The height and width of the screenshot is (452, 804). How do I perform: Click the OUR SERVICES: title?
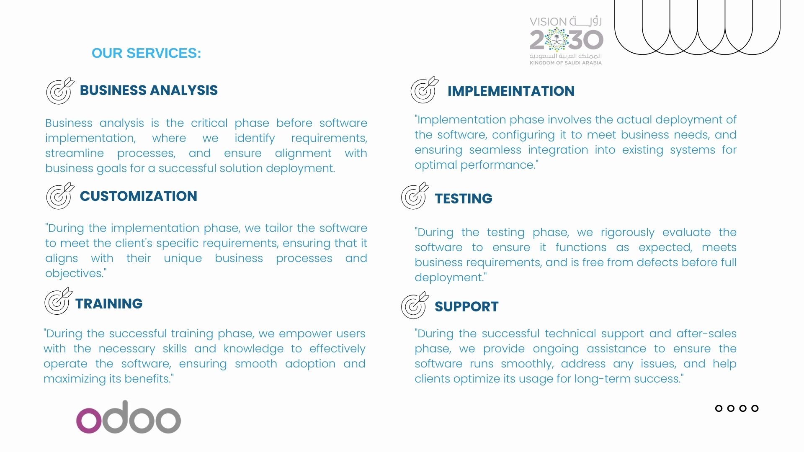coord(146,53)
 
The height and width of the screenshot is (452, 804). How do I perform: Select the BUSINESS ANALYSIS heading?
coord(149,90)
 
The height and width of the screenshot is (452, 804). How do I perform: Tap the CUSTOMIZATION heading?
coord(138,196)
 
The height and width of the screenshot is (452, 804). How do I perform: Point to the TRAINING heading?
coord(109,304)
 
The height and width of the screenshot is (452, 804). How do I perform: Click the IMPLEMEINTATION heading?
coord(511,91)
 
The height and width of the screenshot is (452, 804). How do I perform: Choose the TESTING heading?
coord(464,199)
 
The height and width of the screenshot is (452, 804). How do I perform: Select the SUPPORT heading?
coord(466,307)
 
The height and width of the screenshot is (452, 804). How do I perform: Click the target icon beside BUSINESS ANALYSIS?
coord(60,91)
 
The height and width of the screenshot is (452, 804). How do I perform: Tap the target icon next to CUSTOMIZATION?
coord(60,196)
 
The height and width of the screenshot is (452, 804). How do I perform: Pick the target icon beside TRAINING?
coord(58,301)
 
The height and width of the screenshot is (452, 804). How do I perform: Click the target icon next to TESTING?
coord(415,195)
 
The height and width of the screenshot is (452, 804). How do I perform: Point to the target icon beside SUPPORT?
coord(415,305)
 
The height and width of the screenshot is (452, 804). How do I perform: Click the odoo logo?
coord(129,417)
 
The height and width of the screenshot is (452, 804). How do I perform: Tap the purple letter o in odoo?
coord(89,420)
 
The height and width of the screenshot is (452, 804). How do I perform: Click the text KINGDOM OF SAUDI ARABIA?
coord(566,63)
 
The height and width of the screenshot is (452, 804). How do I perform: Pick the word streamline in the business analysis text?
coord(75,153)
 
